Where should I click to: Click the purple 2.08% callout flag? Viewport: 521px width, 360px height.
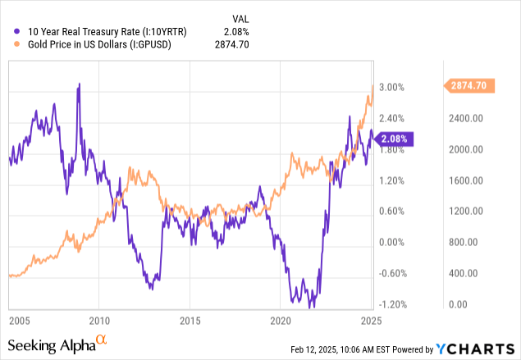click(x=400, y=139)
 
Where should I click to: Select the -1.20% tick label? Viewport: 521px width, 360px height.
click(x=392, y=304)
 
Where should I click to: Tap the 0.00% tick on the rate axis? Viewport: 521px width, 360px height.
click(x=393, y=242)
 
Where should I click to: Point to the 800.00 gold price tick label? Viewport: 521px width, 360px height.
click(x=473, y=242)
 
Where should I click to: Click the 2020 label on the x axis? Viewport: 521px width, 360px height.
click(x=281, y=320)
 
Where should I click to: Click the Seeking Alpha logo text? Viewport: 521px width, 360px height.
click(x=51, y=345)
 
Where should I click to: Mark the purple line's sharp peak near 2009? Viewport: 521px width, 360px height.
click(x=79, y=84)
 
